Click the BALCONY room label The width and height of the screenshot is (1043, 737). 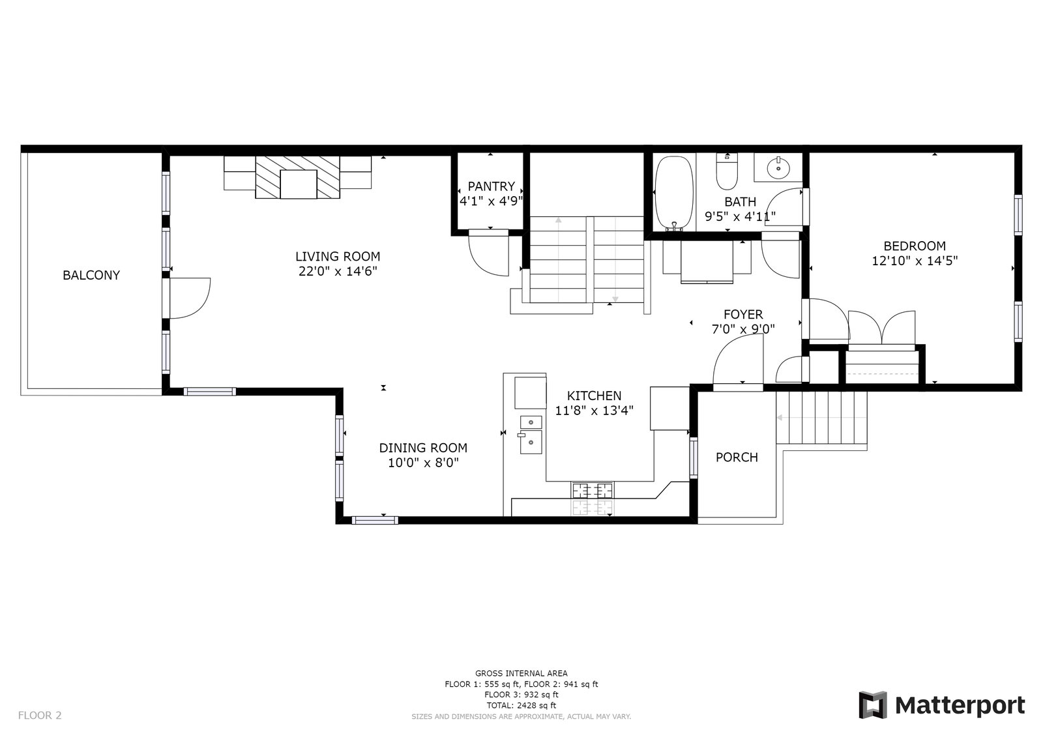click(91, 275)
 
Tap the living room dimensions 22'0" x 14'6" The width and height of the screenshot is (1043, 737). click(338, 271)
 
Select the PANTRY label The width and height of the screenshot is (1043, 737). click(492, 186)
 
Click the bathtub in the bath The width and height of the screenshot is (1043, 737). click(673, 193)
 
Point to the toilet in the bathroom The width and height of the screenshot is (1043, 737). click(727, 171)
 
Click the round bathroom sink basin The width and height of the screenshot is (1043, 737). click(778, 168)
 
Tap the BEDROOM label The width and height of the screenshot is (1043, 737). click(915, 246)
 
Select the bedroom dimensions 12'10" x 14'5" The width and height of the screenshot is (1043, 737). click(915, 261)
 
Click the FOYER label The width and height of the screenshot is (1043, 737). click(743, 314)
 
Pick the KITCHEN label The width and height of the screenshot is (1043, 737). click(594, 396)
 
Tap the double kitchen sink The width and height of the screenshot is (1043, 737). click(531, 435)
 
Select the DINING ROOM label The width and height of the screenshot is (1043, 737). click(423, 448)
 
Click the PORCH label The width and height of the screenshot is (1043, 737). click(737, 457)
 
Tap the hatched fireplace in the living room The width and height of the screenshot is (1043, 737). click(298, 177)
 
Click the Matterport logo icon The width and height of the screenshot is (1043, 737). click(873, 705)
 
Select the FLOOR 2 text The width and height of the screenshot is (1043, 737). click(40, 715)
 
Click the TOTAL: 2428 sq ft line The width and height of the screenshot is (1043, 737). click(521, 706)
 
